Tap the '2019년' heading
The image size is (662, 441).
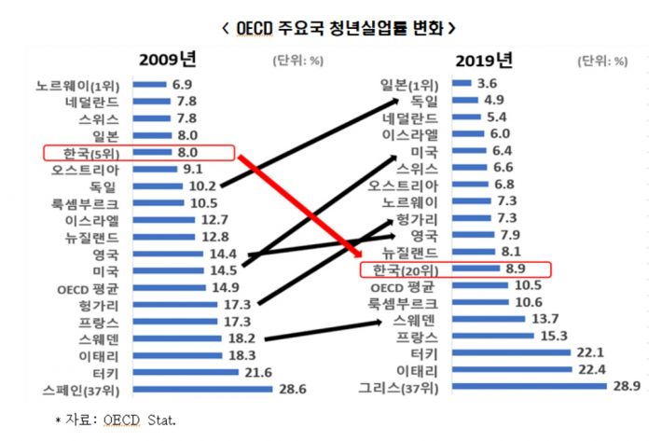coord(484,62)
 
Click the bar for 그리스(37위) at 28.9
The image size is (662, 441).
coord(527,386)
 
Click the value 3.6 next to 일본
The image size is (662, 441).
coord(487,84)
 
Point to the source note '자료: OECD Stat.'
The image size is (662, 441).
coord(116,420)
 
